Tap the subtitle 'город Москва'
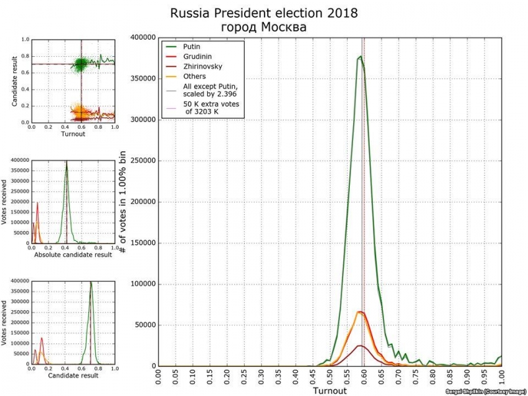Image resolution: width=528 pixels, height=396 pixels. click(265, 28)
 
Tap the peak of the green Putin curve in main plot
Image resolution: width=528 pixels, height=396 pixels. click(360, 57)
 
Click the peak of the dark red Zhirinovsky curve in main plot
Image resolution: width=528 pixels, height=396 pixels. click(360, 346)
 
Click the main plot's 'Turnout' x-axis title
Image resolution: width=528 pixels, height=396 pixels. click(329, 391)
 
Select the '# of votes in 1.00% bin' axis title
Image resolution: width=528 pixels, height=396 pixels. click(123, 201)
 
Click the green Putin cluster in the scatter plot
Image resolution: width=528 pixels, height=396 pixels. click(81, 64)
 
